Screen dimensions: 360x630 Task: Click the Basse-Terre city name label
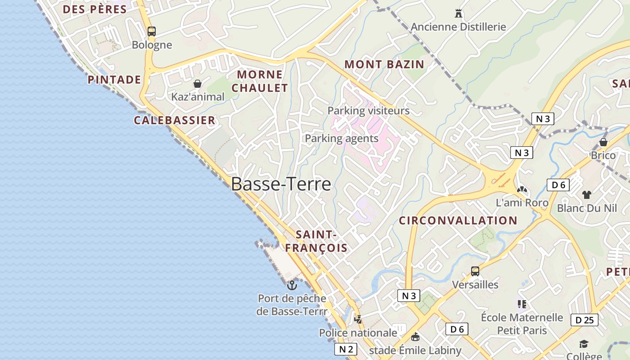pyautogui.click(x=281, y=184)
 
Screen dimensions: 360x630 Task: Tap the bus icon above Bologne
pyautogui.click(x=152, y=31)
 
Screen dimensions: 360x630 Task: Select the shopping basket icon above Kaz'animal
pyautogui.click(x=197, y=84)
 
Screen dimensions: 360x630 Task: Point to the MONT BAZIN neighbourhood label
pyautogui.click(x=384, y=64)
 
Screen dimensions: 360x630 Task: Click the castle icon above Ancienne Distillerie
pyautogui.click(x=459, y=13)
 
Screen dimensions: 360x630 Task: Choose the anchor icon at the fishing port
pyautogui.click(x=292, y=285)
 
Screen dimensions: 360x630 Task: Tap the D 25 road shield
pyautogui.click(x=585, y=320)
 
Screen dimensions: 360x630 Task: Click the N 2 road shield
pyautogui.click(x=346, y=349)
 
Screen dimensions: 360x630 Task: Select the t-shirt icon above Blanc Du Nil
pyautogui.click(x=586, y=195)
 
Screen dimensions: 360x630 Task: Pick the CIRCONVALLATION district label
pyautogui.click(x=458, y=220)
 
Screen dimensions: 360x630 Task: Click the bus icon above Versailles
pyautogui.click(x=475, y=271)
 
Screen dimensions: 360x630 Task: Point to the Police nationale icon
pyautogui.click(x=358, y=319)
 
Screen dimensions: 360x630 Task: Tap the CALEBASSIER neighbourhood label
pyautogui.click(x=175, y=120)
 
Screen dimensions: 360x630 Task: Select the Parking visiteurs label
pyautogui.click(x=369, y=110)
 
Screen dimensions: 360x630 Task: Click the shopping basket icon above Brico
pyautogui.click(x=603, y=142)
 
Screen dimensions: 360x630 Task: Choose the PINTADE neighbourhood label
pyautogui.click(x=114, y=80)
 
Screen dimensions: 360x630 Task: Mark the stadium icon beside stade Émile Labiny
pyautogui.click(x=415, y=337)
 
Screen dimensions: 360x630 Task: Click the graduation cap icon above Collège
pyautogui.click(x=584, y=344)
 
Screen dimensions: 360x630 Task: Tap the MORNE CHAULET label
pyautogui.click(x=260, y=81)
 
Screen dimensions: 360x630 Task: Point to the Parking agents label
pyautogui.click(x=342, y=138)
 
